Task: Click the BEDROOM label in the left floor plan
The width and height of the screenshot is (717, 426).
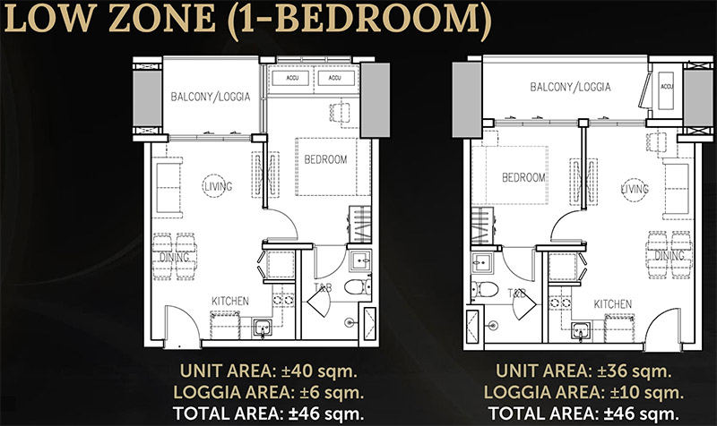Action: [325, 159]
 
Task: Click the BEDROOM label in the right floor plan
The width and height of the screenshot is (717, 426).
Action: [523, 177]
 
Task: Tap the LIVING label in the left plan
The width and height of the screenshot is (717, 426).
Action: [218, 186]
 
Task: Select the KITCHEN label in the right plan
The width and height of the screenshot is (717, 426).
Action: [613, 304]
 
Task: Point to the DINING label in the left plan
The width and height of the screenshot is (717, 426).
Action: [174, 258]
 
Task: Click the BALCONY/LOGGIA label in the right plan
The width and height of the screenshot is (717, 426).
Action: [570, 87]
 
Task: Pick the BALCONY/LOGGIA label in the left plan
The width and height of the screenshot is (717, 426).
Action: [211, 97]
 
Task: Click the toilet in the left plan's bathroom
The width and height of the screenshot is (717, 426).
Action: [357, 287]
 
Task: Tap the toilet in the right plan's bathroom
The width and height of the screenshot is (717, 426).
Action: [484, 288]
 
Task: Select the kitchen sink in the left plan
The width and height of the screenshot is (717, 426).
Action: [263, 328]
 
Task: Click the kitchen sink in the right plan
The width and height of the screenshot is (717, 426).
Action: [581, 329]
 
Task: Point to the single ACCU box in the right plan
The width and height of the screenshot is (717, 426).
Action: [666, 90]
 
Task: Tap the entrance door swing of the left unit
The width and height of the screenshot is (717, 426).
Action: [182, 323]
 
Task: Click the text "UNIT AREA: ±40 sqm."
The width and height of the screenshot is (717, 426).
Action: [268, 371]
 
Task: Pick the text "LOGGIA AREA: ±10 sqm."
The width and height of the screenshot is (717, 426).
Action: [584, 392]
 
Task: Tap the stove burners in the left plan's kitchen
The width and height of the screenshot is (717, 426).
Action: [283, 300]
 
